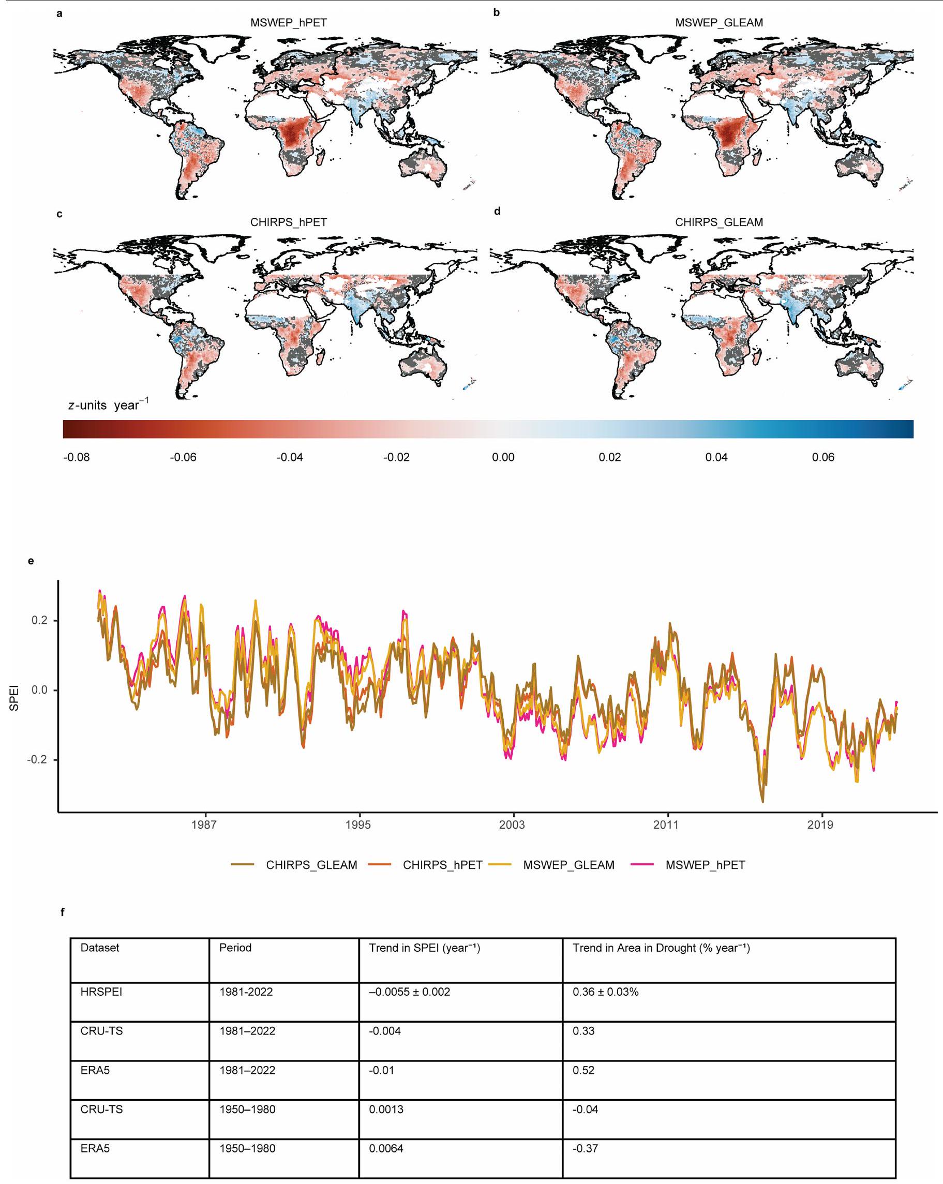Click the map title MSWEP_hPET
point(288,23)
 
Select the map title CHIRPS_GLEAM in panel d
point(719,222)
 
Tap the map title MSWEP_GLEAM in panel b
point(719,23)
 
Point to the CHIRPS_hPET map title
point(288,222)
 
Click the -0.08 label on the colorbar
point(77,457)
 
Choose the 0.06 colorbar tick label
point(822,457)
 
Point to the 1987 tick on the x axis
point(204,825)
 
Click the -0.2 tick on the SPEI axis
point(37,759)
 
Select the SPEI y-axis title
point(14,697)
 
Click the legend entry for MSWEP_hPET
point(705,865)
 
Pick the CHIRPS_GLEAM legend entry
point(311,865)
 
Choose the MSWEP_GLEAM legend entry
point(568,865)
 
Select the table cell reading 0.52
point(583,1070)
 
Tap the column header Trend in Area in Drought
point(661,947)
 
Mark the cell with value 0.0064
point(385,1148)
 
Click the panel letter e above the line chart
point(31,561)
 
